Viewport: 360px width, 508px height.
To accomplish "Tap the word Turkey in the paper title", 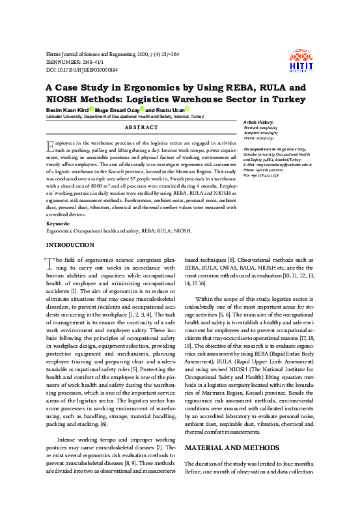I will point(285,99).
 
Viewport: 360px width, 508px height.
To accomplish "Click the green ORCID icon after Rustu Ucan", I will point(187,109).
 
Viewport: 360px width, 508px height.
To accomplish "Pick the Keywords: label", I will point(59,223).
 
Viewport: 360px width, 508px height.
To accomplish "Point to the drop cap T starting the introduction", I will point(48,262).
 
